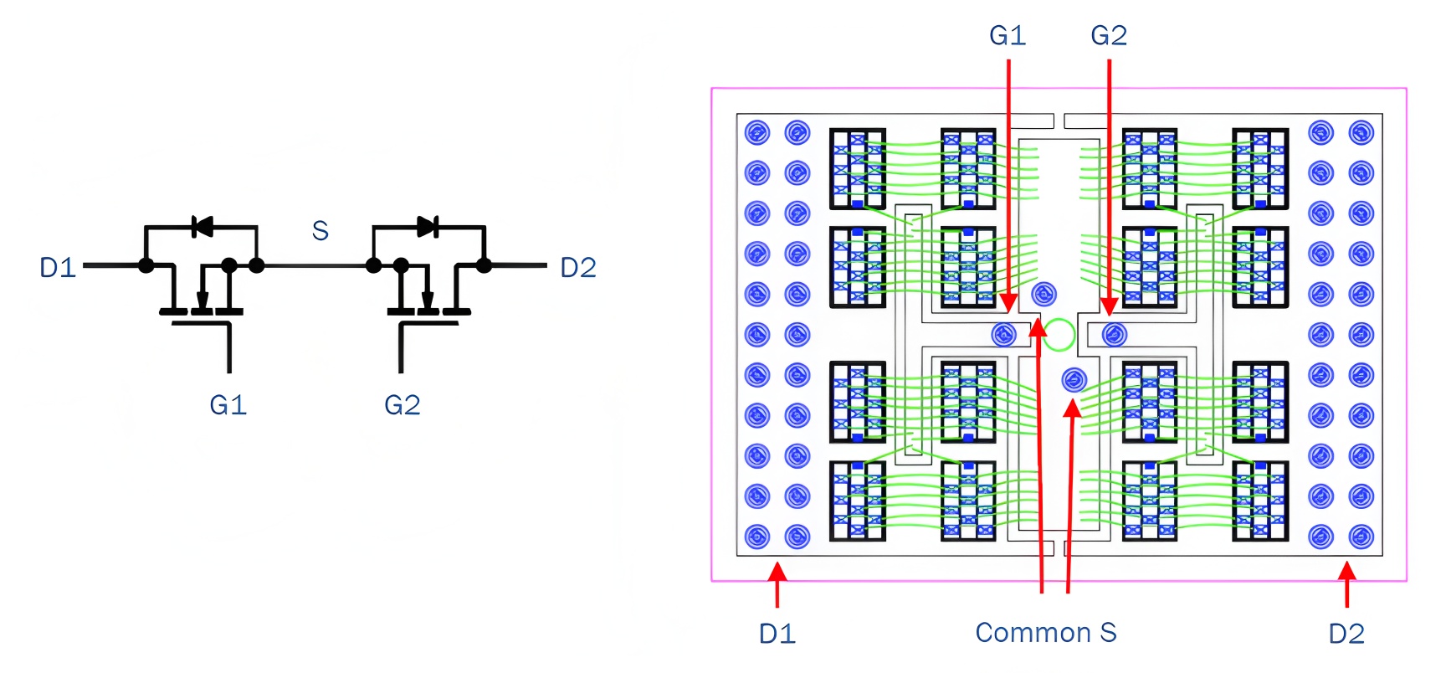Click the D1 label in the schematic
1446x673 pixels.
(58, 268)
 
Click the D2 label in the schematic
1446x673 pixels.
(578, 268)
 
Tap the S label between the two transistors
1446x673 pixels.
(320, 230)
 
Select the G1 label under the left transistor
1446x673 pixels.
(228, 405)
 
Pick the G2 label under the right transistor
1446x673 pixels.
(402, 405)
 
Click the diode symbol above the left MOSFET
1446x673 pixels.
(202, 226)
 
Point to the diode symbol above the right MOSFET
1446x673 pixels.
(428, 226)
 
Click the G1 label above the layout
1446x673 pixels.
(1008, 35)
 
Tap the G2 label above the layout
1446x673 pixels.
(1109, 35)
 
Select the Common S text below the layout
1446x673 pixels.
(1046, 633)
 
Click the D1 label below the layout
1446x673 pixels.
(777, 634)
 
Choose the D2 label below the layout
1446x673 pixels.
(1346, 634)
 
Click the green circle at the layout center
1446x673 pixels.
(1059, 335)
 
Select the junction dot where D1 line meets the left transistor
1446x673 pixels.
(146, 265)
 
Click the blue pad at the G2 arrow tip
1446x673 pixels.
(1114, 335)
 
